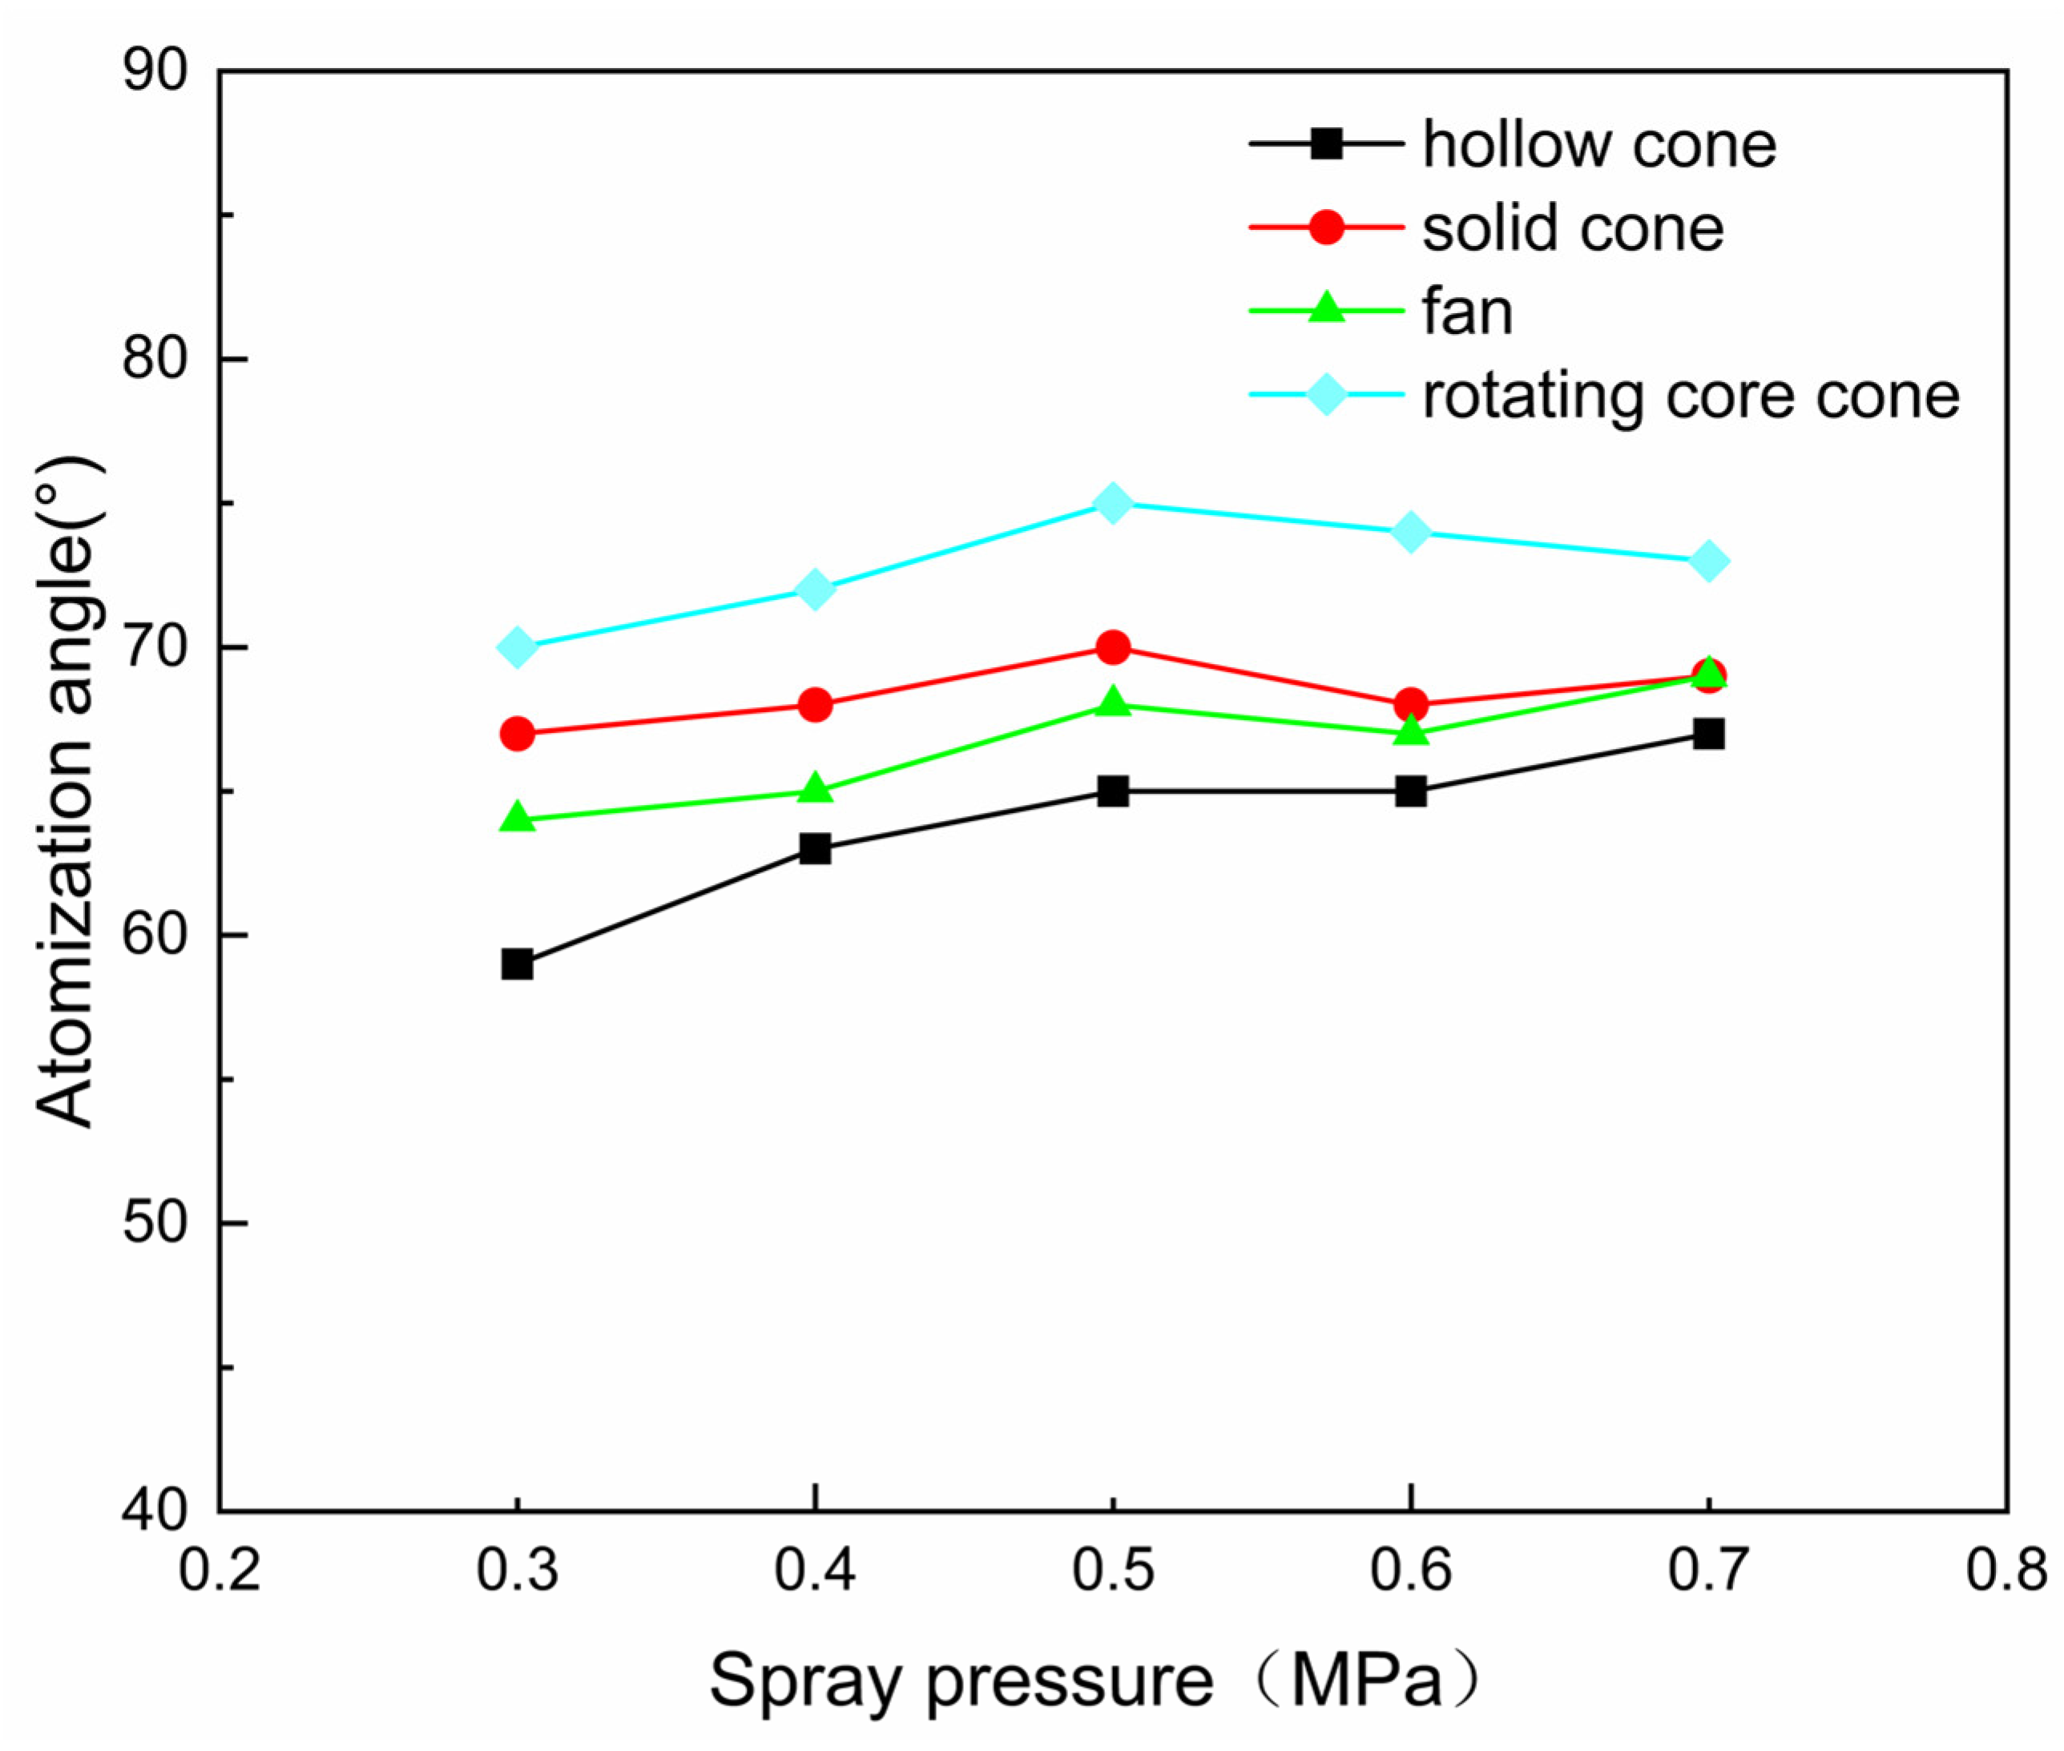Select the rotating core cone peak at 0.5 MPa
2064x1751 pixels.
[x=1113, y=503]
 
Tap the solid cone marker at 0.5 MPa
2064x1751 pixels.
[x=1113, y=647]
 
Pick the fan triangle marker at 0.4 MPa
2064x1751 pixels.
[x=815, y=789]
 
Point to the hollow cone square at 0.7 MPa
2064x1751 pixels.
[x=1708, y=735]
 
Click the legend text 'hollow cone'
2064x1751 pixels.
[x=1598, y=145]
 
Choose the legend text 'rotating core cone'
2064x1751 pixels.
[x=1691, y=396]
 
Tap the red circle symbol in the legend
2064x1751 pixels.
[x=1326, y=227]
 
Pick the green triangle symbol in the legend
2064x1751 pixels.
[x=1326, y=311]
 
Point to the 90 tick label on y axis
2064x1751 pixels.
[x=156, y=72]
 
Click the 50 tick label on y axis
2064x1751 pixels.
[x=156, y=1224]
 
